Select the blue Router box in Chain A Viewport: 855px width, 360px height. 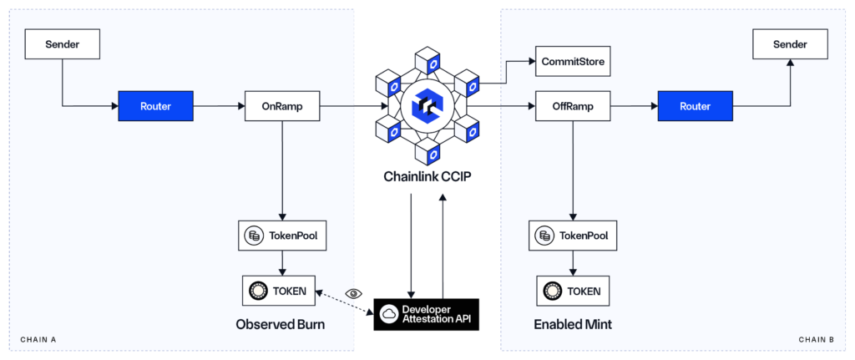click(x=156, y=106)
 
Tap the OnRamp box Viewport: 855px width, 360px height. click(x=281, y=106)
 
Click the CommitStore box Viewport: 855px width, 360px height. click(x=572, y=61)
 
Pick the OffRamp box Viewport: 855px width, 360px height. click(x=572, y=106)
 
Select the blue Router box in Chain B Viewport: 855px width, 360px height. click(x=695, y=106)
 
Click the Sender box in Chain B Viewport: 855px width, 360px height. click(x=791, y=43)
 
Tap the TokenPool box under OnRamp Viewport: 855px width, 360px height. click(x=281, y=236)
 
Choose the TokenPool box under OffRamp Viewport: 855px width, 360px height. click(x=572, y=236)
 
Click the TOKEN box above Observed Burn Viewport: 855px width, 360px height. click(x=281, y=291)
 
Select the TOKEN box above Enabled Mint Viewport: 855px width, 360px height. click(x=572, y=291)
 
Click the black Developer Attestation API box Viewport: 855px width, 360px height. click(x=427, y=313)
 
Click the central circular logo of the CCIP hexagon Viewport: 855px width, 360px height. click(x=427, y=106)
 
